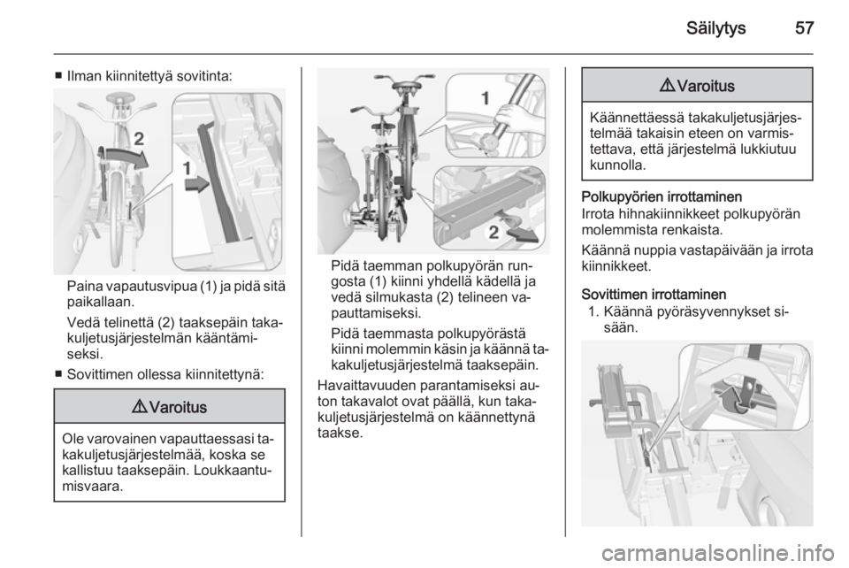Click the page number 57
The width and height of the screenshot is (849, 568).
click(804, 27)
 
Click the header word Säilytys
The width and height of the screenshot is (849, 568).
click(715, 28)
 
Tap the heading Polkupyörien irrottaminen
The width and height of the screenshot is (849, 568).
click(662, 196)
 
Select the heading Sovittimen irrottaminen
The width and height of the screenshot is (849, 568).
click(654, 295)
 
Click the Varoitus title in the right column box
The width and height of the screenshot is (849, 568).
click(705, 86)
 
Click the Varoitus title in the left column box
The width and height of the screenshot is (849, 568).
click(177, 407)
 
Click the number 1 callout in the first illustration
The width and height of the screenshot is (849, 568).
click(187, 168)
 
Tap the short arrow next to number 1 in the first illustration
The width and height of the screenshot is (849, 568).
click(196, 184)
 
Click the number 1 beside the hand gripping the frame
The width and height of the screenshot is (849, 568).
click(486, 98)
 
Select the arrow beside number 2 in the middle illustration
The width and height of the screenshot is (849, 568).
click(522, 234)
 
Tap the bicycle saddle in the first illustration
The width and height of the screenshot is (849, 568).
click(120, 98)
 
